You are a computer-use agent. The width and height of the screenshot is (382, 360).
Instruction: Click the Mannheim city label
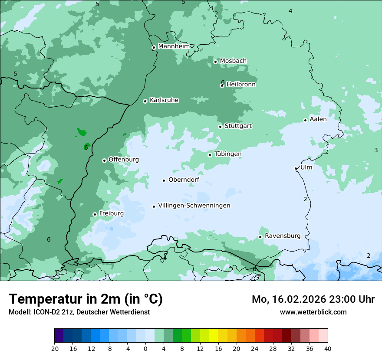coord(174,46)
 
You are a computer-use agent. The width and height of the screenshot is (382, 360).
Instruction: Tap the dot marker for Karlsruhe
coord(145,101)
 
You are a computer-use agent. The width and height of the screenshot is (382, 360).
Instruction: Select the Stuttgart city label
coord(238,126)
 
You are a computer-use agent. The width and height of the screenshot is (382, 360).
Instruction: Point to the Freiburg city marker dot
coord(95,214)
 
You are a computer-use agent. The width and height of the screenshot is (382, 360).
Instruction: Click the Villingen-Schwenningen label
coord(194,206)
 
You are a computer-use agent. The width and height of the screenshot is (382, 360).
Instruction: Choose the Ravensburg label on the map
coord(283,236)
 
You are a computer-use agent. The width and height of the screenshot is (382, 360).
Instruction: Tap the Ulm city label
coord(306,167)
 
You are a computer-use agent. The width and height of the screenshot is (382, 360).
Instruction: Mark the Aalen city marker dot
coord(305,120)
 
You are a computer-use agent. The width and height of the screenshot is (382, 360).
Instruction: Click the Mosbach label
coord(233,61)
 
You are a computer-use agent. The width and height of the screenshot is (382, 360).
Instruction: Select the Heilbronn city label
coord(241,85)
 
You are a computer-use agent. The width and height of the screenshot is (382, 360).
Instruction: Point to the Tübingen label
coord(228,154)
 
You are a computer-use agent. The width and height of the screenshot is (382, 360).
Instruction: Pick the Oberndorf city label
coord(184,180)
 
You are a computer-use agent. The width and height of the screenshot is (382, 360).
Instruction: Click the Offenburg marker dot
coord(104,160)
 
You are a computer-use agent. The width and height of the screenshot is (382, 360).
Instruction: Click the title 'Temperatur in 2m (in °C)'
coord(86,299)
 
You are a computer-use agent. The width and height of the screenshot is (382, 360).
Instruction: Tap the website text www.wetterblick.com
coord(313,312)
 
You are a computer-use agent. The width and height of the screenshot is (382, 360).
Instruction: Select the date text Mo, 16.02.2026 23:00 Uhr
coord(313,299)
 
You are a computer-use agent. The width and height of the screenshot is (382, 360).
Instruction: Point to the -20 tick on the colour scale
coord(54,348)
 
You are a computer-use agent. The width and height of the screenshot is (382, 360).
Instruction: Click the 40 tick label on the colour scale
coord(327,348)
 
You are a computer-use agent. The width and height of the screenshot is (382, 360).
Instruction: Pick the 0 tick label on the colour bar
coord(145,348)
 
